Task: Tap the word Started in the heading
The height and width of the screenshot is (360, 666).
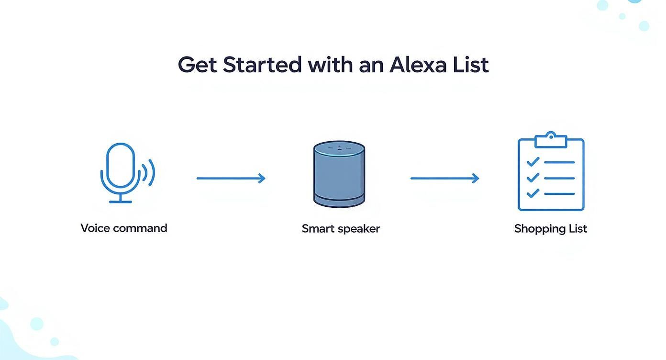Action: pos(262,65)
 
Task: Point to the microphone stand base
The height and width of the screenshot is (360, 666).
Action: pos(120,202)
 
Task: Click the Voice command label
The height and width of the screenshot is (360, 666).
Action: pos(124,228)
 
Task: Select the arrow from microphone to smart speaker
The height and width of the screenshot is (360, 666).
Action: pos(231,179)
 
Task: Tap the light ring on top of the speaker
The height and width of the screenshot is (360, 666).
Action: pos(339,149)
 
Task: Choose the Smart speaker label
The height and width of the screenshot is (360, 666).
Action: pos(341,228)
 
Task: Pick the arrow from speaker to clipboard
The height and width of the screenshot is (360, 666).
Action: pos(444,179)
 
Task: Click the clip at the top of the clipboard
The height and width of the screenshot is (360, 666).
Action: pos(551,139)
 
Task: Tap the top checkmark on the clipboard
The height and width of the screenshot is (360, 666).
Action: pos(533,162)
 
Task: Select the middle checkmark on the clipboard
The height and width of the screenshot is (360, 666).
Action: pos(533,178)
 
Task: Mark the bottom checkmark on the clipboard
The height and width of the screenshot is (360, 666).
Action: pos(533,193)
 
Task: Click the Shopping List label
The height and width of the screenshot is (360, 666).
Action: pos(551,228)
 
